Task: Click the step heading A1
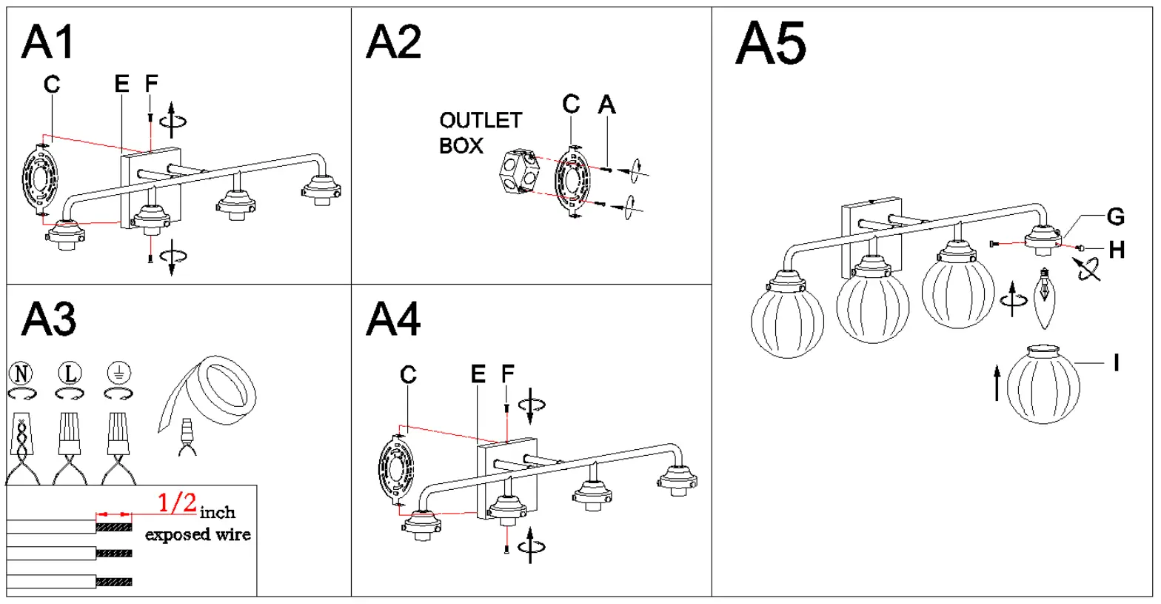point(49,42)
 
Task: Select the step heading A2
point(393,42)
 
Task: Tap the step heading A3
point(49,320)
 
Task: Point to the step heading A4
point(393,320)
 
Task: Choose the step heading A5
point(771,44)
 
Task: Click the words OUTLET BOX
point(480,133)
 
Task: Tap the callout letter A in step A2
point(606,105)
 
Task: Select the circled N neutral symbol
point(22,373)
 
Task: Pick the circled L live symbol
point(70,373)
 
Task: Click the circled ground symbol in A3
point(117,373)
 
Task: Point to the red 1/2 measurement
point(178,503)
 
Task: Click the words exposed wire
point(198,534)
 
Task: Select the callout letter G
point(1115,217)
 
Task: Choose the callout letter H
point(1117,250)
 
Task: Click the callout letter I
point(1116,362)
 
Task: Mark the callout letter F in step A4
point(507,375)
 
